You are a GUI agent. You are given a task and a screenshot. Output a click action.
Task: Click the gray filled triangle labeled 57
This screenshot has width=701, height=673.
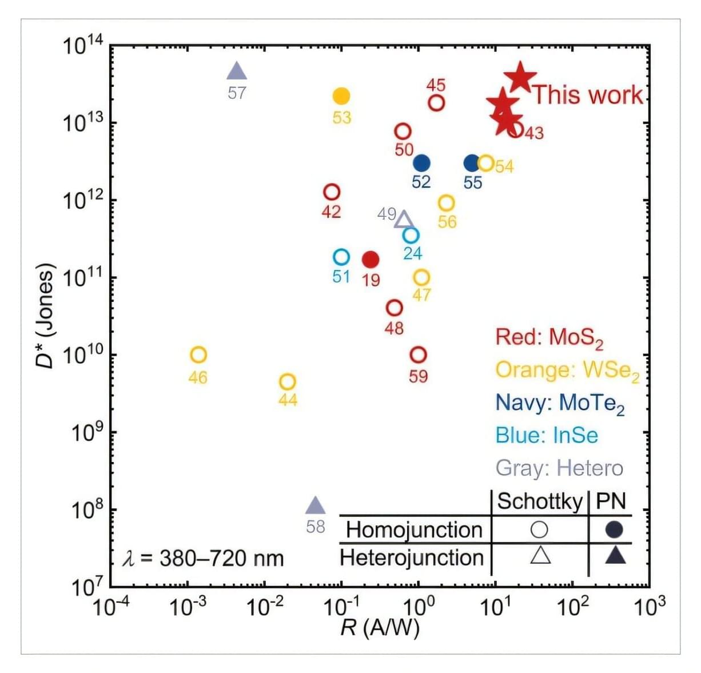click(x=237, y=72)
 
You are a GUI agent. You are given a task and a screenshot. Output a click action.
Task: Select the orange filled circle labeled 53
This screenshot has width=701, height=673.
click(x=341, y=96)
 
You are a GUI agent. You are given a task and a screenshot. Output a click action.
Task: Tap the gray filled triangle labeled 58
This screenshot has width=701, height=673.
click(x=315, y=506)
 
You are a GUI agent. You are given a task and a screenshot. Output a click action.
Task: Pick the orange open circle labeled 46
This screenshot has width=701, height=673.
click(x=198, y=355)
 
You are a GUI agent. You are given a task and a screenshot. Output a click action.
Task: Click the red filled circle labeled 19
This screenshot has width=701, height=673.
click(x=371, y=260)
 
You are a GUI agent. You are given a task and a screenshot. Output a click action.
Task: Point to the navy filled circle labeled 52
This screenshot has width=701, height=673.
click(x=421, y=163)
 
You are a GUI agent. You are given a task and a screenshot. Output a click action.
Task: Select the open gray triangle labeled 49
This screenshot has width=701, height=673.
click(x=404, y=220)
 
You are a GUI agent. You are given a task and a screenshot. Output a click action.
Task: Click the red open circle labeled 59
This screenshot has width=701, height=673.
click(x=418, y=355)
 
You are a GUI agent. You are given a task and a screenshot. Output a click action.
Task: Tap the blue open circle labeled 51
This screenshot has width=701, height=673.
click(x=341, y=257)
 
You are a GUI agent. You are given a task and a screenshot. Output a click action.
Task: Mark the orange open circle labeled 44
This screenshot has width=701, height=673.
click(x=288, y=381)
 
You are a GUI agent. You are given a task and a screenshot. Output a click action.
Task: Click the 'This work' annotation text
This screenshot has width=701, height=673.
click(x=588, y=95)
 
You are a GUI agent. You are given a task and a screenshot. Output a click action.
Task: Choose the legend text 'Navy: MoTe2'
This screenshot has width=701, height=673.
click(x=560, y=403)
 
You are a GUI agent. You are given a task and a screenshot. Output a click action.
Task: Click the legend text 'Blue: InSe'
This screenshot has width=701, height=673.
click(x=547, y=436)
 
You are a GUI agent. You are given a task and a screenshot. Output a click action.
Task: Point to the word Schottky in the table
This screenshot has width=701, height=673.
click(x=539, y=501)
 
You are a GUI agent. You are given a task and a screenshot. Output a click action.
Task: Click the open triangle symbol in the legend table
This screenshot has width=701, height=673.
click(x=540, y=555)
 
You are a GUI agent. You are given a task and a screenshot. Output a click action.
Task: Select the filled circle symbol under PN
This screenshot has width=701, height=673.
click(x=614, y=529)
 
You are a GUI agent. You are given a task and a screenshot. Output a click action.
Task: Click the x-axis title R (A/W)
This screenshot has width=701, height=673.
click(x=380, y=628)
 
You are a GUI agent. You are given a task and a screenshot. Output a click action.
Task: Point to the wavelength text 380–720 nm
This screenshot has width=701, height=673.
click(x=204, y=558)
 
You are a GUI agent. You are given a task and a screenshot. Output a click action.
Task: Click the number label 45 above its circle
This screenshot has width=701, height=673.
click(x=436, y=85)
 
